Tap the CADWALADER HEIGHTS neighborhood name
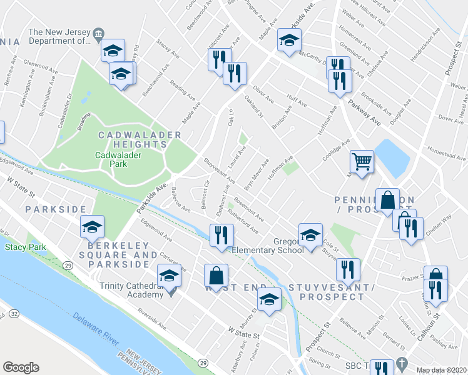pyautogui.click(x=140, y=139)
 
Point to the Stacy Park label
pyautogui.click(x=26, y=247)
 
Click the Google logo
pyautogui.click(x=21, y=367)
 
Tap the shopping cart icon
pyautogui.click(x=362, y=162)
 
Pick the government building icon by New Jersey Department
pyautogui.click(x=98, y=33)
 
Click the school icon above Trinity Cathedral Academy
pyautogui.click(x=169, y=276)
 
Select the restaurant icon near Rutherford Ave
pyautogui.click(x=221, y=236)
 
